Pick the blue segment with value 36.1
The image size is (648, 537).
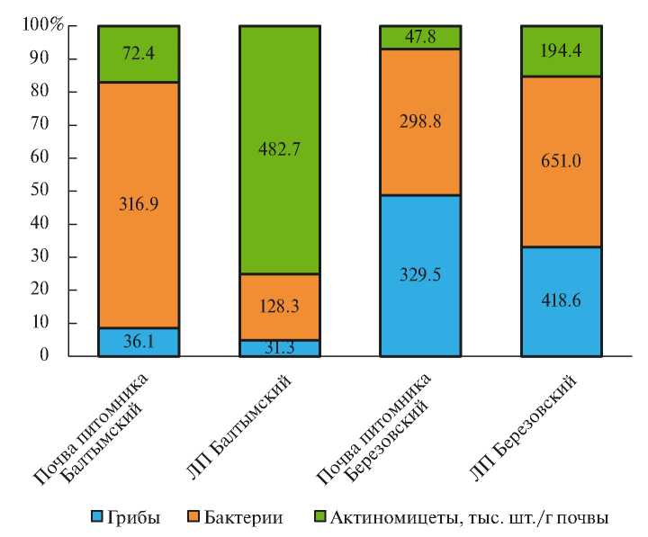tap(138, 343)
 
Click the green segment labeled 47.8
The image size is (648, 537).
tap(421, 37)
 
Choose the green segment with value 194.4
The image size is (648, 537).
tap(562, 51)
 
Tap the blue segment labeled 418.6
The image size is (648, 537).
tap(562, 301)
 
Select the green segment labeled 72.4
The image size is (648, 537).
tap(138, 54)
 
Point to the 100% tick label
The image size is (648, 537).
tap(42, 25)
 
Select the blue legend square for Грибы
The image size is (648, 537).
tap(97, 517)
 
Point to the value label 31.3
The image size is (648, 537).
tap(279, 348)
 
